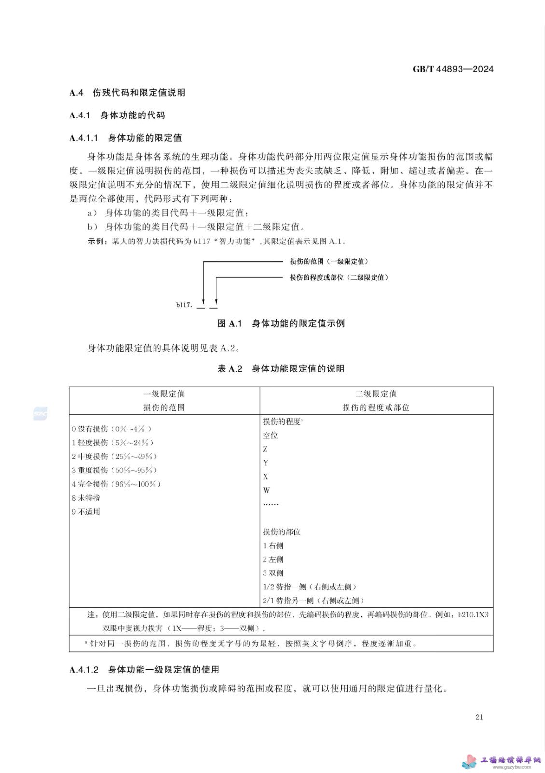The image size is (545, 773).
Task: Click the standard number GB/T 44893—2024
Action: coord(453,69)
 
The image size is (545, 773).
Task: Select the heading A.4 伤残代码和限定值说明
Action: coord(127,92)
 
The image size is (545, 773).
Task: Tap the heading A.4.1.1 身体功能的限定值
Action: coord(126,138)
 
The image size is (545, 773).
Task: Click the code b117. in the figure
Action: coord(184,305)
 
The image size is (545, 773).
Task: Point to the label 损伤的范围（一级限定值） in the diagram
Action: coord(329,261)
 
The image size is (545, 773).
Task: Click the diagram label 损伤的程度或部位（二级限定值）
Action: coord(338,277)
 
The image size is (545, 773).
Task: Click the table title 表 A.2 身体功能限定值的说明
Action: coord(281,369)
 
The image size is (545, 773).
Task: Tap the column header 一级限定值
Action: coord(164,394)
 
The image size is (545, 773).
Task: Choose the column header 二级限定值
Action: coord(376,394)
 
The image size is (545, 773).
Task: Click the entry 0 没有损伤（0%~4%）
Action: coord(112,429)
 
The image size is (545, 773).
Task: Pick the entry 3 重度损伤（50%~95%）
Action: coord(114,470)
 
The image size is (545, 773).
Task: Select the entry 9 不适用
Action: coord(86,512)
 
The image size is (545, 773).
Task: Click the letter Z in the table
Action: coord(265,449)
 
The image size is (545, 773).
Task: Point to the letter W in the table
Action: coord(266,490)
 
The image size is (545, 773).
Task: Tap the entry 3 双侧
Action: coord(273,573)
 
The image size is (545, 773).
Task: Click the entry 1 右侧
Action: coord(273,545)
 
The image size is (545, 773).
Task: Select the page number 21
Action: coord(479,717)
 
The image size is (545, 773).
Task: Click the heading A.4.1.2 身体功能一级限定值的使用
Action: coord(144,669)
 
